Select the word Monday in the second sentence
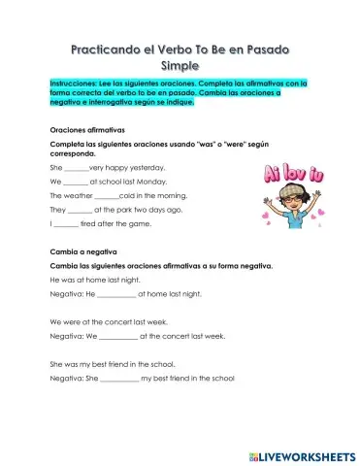pyautogui.click(x=149, y=182)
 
